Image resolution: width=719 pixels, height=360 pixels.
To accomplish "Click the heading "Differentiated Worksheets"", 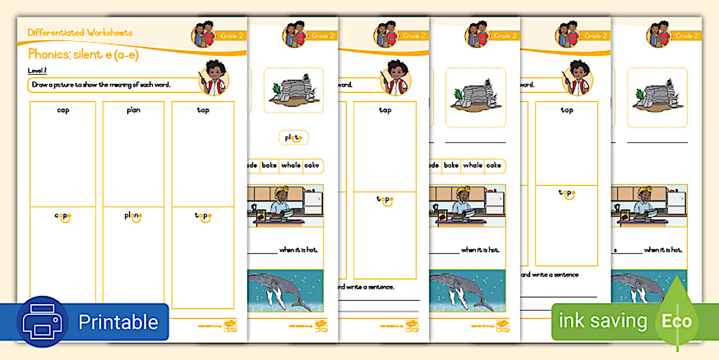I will click(x=80, y=33).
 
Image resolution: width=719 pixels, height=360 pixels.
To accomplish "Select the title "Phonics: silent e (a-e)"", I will click(x=83, y=55).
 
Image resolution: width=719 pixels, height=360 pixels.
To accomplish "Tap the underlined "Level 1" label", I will click(x=37, y=70).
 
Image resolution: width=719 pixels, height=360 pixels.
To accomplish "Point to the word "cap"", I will click(x=63, y=110).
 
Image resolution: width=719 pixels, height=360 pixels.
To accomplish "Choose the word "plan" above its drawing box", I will click(x=134, y=110).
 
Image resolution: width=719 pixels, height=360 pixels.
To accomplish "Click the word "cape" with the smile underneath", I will click(x=63, y=216).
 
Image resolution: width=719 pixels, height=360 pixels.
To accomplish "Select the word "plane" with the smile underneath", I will click(x=134, y=216).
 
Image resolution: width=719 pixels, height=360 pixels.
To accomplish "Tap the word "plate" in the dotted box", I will click(x=293, y=137).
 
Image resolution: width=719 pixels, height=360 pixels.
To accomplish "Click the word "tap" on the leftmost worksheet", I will click(x=203, y=110).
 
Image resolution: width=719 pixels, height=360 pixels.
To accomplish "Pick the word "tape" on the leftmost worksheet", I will click(x=203, y=216).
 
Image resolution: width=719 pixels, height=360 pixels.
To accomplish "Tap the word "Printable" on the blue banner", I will click(x=118, y=322).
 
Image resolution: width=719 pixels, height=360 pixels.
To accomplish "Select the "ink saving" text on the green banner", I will click(x=603, y=321).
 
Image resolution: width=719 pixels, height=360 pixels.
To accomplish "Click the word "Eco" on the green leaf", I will click(x=676, y=321).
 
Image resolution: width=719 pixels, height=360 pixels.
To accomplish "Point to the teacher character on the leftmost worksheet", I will click(x=215, y=76).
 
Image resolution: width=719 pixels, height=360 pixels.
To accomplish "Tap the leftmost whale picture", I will click(x=285, y=290).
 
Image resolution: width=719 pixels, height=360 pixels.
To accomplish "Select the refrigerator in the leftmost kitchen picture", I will click(x=312, y=203).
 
